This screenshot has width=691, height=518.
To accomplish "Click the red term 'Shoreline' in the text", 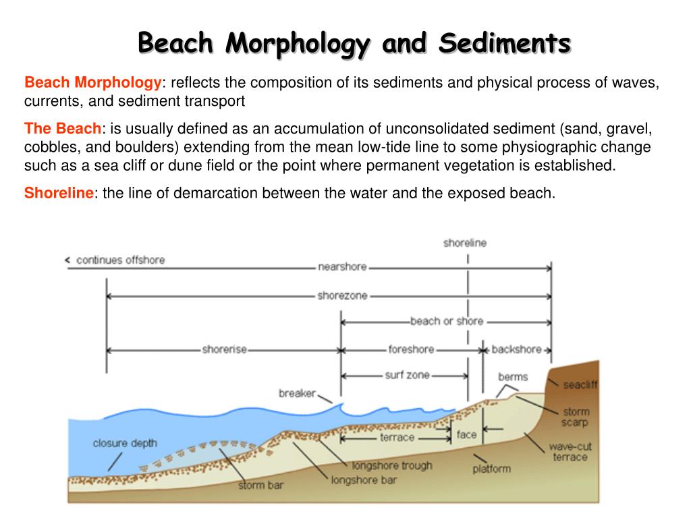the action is pyautogui.click(x=59, y=194).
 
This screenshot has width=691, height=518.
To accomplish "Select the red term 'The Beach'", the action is pyautogui.click(x=63, y=128).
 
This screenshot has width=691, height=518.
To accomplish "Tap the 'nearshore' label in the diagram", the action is pyautogui.click(x=342, y=266).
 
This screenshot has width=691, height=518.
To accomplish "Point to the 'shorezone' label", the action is pyautogui.click(x=342, y=295).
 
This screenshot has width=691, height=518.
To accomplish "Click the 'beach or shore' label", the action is pyautogui.click(x=446, y=321).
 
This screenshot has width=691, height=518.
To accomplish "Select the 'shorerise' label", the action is pyautogui.click(x=225, y=349).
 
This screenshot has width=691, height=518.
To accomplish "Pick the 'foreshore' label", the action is pyautogui.click(x=411, y=349).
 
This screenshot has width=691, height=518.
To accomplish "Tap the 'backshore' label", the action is pyautogui.click(x=516, y=349).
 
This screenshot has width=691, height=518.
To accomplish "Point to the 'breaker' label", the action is pyautogui.click(x=296, y=393).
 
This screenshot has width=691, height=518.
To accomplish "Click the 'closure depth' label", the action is pyautogui.click(x=125, y=443).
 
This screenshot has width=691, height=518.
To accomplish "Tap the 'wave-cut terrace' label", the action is pyautogui.click(x=570, y=452).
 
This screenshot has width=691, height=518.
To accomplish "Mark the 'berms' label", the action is pyautogui.click(x=512, y=377).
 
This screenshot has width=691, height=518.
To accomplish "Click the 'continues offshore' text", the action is pyautogui.click(x=120, y=260).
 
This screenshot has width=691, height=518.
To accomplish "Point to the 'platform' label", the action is pyautogui.click(x=491, y=468).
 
